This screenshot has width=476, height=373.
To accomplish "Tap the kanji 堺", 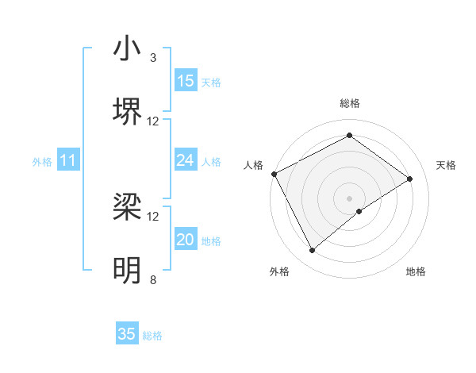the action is [127, 112].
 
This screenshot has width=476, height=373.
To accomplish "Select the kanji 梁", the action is [127, 208].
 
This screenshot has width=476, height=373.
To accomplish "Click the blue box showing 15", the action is [186, 81].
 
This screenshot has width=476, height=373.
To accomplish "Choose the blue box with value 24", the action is [186, 161].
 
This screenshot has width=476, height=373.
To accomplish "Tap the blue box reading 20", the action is [186, 240].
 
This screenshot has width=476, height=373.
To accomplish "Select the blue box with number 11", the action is [68, 161].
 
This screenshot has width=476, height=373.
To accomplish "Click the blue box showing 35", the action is [127, 334].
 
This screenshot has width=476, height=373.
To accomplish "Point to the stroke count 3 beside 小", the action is [153, 58].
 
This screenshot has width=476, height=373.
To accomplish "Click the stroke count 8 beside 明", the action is [153, 279].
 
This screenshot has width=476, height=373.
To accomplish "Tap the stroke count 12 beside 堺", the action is [153, 121].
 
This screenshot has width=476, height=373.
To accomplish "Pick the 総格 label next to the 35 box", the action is [152, 336].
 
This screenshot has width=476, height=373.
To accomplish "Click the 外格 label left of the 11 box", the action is [42, 162].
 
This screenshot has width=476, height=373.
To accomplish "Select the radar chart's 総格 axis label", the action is [350, 103].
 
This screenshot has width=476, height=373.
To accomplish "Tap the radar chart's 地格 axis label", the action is [416, 271].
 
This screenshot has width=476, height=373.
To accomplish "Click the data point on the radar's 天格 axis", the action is [410, 179].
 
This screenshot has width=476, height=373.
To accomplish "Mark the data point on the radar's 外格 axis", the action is [313, 251].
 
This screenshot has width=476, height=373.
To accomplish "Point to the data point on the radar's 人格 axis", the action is [274, 174].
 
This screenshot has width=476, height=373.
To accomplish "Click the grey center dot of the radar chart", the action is [350, 198].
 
